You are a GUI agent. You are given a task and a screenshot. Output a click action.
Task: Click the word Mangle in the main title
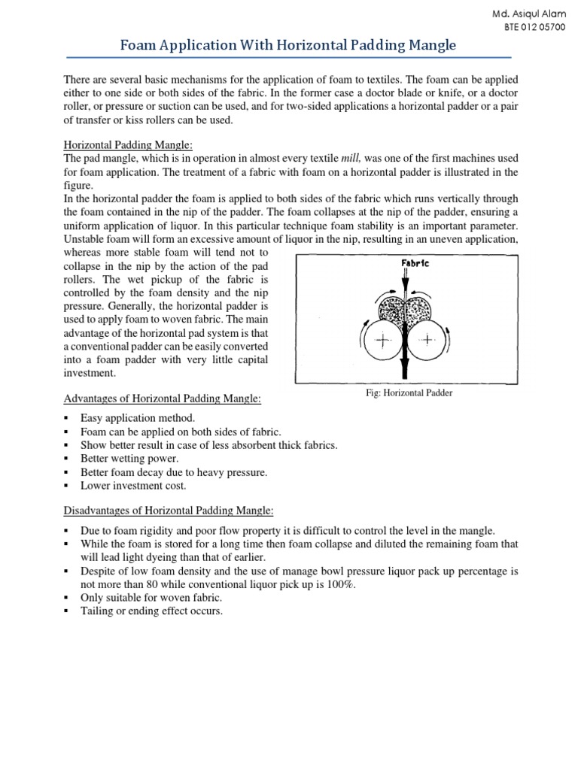[429, 45]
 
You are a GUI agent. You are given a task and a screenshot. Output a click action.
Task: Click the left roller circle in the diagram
[382, 340]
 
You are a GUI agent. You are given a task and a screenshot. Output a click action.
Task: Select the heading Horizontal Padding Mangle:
[129, 144]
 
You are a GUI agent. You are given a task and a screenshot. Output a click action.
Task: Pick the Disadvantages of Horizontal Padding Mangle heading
[169, 511]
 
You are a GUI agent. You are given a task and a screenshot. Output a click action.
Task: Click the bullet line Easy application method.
[138, 418]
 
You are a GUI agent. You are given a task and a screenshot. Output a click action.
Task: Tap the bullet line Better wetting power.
[130, 459]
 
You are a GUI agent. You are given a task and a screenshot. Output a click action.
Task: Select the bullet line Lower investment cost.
[133, 486]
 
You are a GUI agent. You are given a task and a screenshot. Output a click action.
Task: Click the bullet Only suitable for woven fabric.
[151, 597]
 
